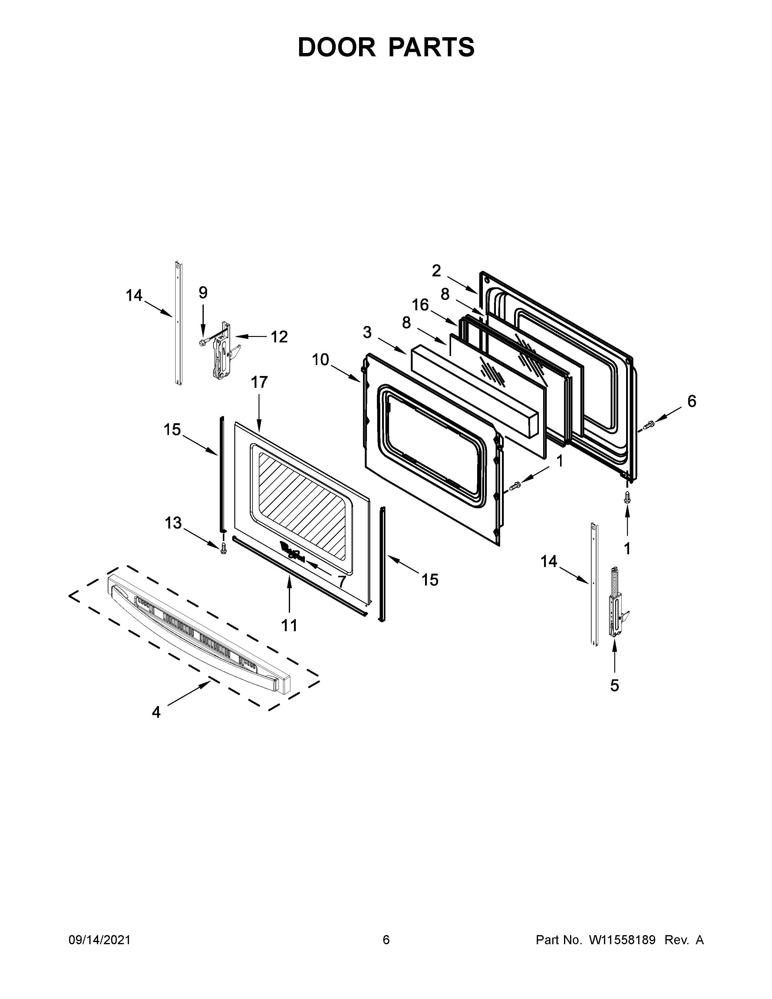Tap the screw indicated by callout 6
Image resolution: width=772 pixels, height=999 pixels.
coord(648,425)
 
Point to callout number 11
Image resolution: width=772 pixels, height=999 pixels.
coord(289,625)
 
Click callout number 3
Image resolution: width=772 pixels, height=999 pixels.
coord(367,332)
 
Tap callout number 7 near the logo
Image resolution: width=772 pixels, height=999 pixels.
coord(341,581)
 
